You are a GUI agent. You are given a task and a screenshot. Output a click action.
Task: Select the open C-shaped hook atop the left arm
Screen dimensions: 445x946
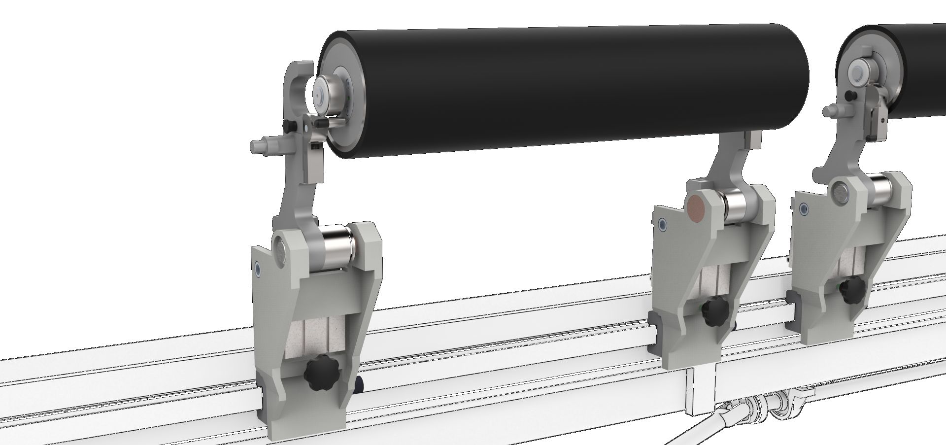pyautogui.click(x=299, y=84)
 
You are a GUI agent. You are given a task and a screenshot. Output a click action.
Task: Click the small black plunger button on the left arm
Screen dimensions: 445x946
pyautogui.click(x=290, y=128)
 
